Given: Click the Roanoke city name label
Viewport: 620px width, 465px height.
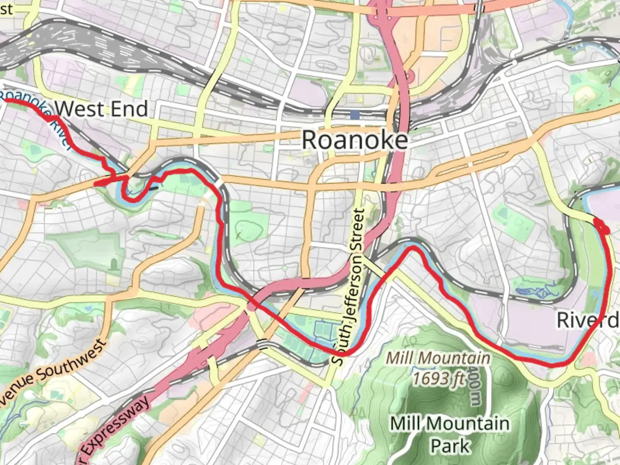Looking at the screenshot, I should [x=354, y=140].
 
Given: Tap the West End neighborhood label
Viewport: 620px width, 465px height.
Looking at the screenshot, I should [x=102, y=108].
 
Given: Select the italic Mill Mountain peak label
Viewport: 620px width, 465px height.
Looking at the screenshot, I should [x=437, y=358].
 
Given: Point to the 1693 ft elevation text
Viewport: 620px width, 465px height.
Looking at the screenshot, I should [x=439, y=378].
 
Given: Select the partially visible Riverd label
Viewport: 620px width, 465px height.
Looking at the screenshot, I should [x=587, y=320].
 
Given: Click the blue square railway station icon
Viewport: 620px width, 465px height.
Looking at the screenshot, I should [x=355, y=115].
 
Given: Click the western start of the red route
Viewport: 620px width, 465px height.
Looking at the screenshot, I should [x=6, y=100].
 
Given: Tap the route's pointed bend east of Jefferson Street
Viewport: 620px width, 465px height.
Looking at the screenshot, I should [x=412, y=248].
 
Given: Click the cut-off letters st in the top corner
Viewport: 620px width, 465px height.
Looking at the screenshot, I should [x=6, y=9].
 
